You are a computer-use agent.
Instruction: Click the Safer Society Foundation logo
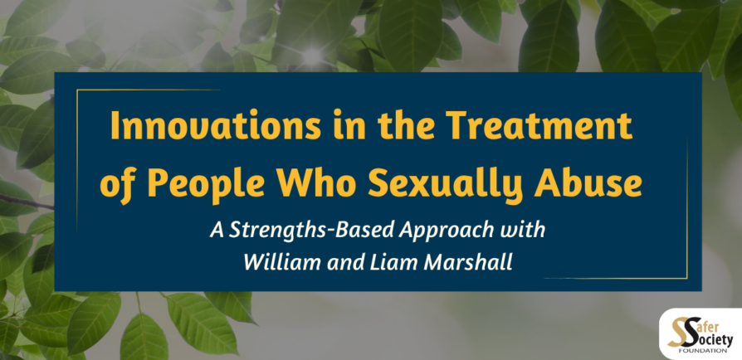coord(701,334)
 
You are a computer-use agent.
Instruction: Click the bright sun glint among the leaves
coord(311,56)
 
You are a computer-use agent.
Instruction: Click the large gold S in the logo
coord(677,333)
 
